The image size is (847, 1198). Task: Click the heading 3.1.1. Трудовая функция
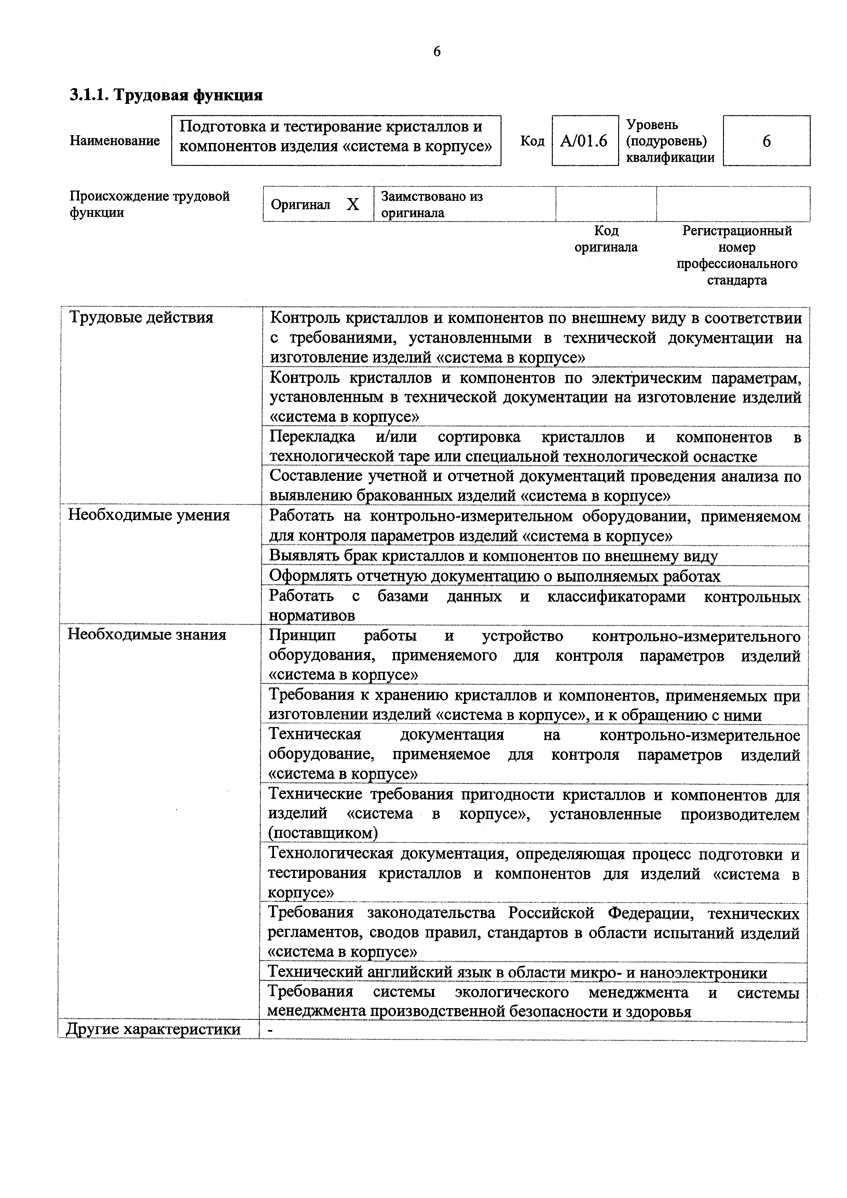point(166,96)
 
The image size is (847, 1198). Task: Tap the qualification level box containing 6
point(766,141)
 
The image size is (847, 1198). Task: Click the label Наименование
point(115,141)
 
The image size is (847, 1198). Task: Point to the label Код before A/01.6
point(532,141)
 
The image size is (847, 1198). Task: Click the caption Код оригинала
point(606,239)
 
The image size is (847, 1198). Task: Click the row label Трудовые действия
point(141,318)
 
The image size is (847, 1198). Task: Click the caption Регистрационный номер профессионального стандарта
point(737,256)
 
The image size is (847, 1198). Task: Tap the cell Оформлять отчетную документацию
point(494,576)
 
